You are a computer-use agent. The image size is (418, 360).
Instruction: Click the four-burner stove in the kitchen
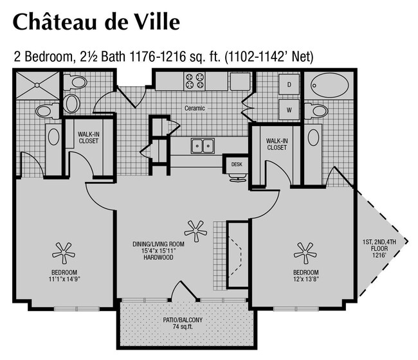pos(194,81)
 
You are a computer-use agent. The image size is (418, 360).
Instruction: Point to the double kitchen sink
pos(203,146)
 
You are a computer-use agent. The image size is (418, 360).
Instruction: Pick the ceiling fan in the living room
pos(193,228)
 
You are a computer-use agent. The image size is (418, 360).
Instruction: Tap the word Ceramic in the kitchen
pos(194,108)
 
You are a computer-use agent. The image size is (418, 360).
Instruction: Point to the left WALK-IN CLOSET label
pos(88,137)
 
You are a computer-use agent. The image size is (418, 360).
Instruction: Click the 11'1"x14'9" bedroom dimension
pos(64,278)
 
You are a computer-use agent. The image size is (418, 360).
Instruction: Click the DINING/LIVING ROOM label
pos(158,244)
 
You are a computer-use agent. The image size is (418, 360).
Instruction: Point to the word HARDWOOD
pos(158,258)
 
